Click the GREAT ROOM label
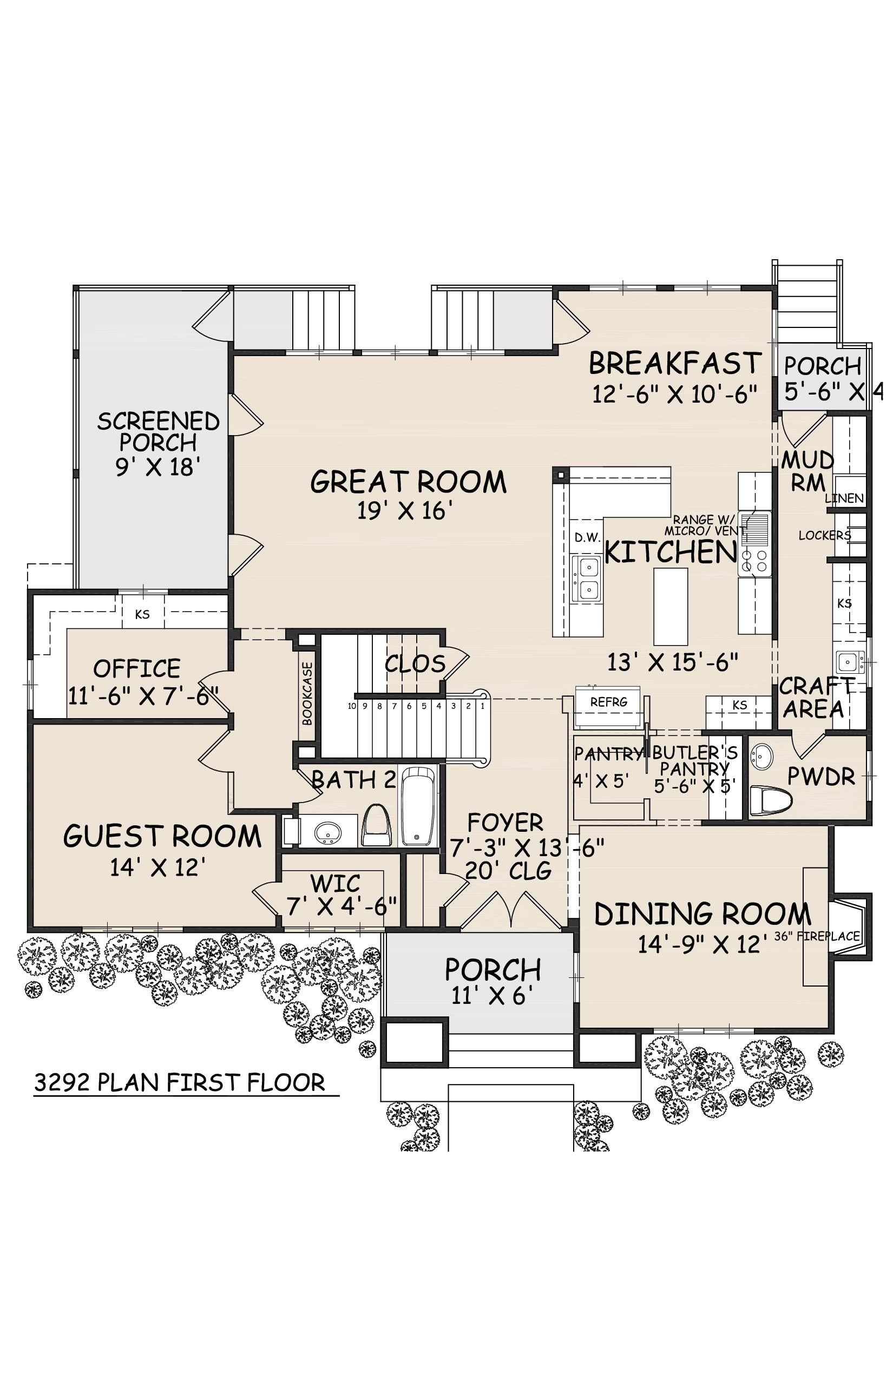click(x=408, y=482)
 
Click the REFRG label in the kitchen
click(x=609, y=702)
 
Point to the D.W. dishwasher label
click(x=588, y=537)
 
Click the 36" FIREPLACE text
click(x=817, y=936)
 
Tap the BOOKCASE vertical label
click(x=307, y=693)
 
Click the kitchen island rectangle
click(x=671, y=606)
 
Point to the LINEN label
click(x=844, y=498)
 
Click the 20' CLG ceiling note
click(x=508, y=870)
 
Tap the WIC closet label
click(x=335, y=884)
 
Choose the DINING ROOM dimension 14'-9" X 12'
click(x=707, y=945)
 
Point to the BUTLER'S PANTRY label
click(x=695, y=761)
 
